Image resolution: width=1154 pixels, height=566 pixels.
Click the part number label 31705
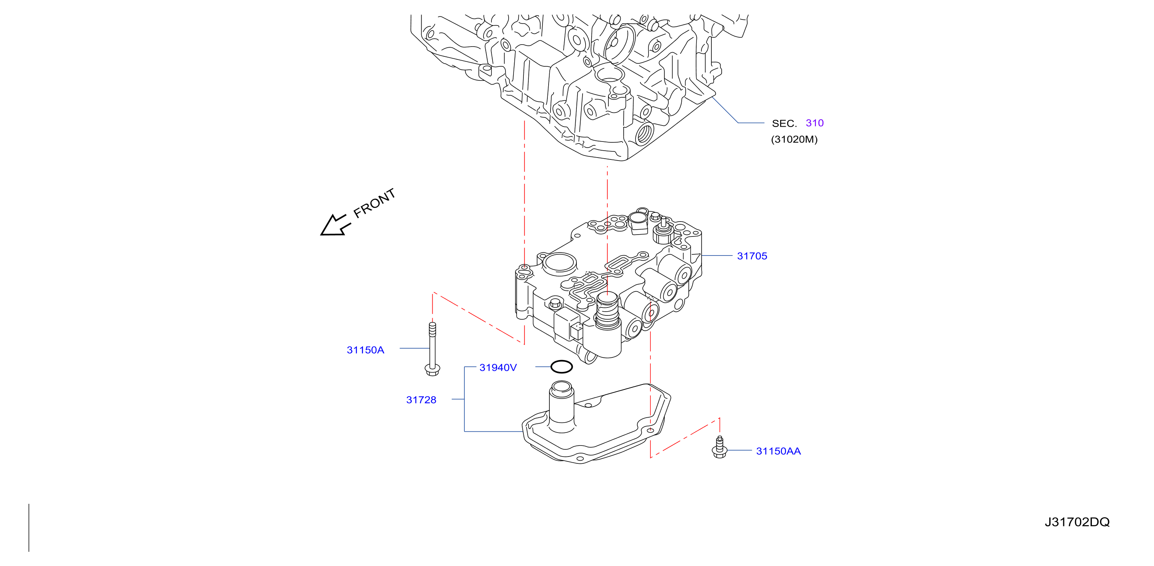click(752, 256)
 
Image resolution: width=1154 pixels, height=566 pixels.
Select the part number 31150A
click(365, 350)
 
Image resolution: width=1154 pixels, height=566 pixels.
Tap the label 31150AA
click(778, 451)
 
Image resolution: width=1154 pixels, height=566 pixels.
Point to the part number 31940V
click(498, 367)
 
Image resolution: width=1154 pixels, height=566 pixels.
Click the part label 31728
click(421, 400)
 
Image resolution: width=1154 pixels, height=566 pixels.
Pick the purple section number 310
click(814, 123)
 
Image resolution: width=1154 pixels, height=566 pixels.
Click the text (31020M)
click(794, 139)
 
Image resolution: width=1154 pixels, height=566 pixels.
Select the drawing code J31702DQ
click(1077, 522)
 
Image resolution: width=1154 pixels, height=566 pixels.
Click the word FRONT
click(374, 203)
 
